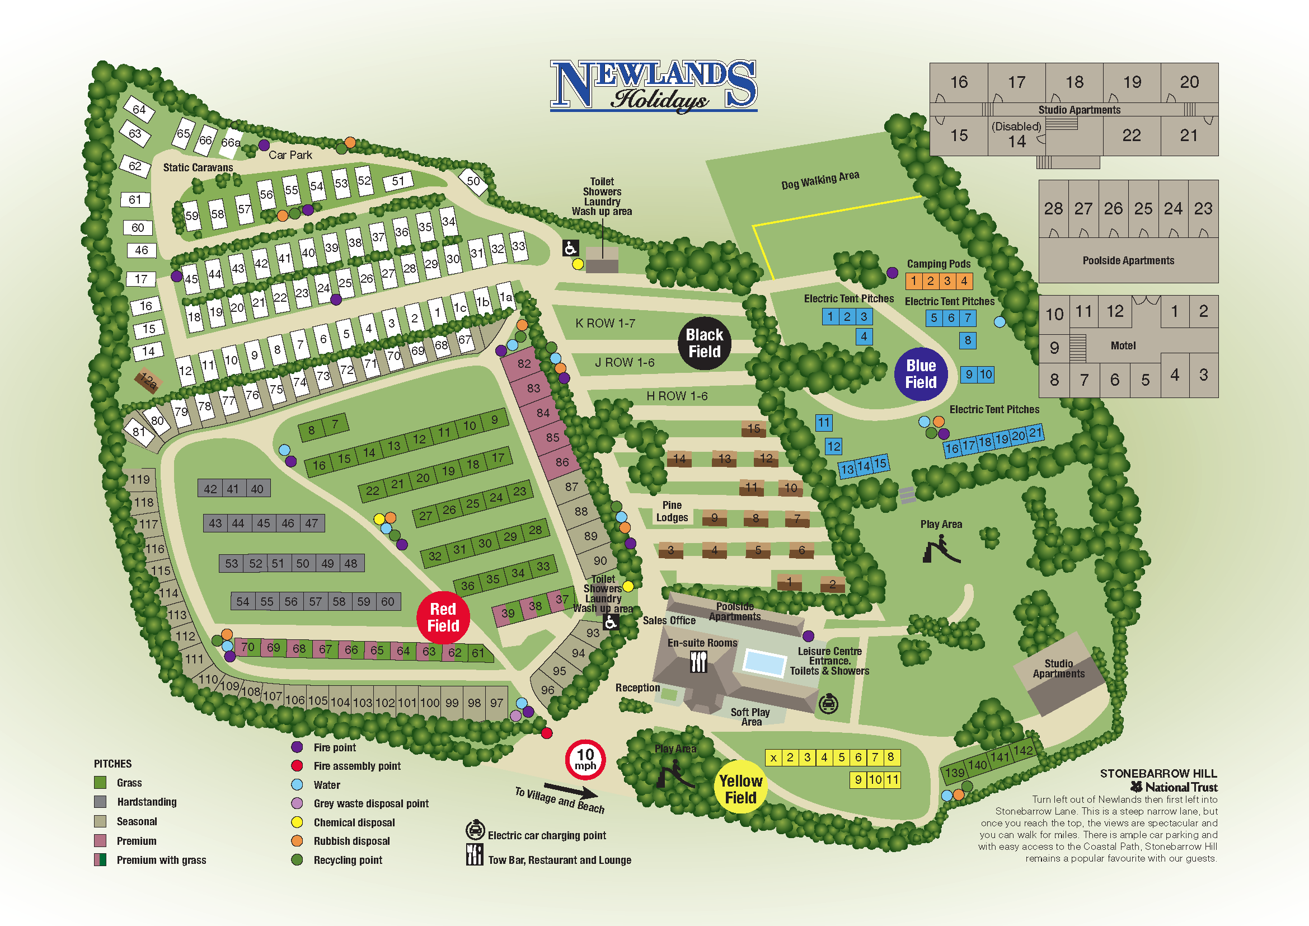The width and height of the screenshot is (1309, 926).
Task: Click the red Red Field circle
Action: (443, 618)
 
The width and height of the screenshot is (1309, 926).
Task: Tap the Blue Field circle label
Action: (921, 374)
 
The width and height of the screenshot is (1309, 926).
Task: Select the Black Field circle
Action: (704, 343)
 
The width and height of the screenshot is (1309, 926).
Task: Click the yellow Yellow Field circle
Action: (740, 789)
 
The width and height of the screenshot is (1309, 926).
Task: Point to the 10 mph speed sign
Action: (585, 760)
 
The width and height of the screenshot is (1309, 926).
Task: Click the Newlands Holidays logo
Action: (653, 86)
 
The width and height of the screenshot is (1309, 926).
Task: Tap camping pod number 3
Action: (947, 281)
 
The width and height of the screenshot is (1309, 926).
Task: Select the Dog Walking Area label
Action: (820, 180)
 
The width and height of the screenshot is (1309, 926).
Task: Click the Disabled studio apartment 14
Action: (1016, 135)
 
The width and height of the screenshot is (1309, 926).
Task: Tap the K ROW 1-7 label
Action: (605, 323)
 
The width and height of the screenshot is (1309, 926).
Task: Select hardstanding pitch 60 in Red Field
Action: (388, 601)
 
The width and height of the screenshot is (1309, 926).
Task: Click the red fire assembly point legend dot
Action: (297, 766)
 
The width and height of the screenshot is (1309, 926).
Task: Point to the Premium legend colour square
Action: (100, 840)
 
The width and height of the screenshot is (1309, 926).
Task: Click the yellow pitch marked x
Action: (773, 758)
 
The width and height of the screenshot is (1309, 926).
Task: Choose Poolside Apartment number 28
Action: (1053, 209)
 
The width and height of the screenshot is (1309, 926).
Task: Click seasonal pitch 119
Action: (140, 480)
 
